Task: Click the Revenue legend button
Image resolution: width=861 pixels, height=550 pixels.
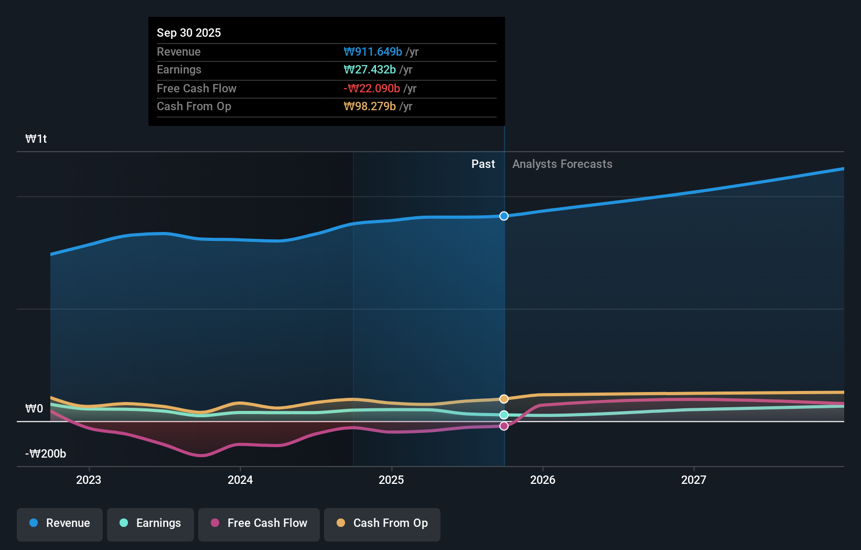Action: click(x=60, y=523)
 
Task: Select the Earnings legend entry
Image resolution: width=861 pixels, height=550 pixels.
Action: click(x=150, y=523)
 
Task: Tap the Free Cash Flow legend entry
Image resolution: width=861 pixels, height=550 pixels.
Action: click(x=259, y=523)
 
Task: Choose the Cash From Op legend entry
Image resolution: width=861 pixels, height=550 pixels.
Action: click(x=382, y=523)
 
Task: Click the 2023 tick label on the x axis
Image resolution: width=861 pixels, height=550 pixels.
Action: click(x=89, y=480)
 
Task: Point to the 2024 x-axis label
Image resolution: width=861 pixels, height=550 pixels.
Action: click(x=240, y=480)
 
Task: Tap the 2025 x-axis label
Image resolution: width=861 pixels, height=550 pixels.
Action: click(x=391, y=480)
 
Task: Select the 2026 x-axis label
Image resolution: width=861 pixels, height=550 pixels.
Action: click(x=543, y=480)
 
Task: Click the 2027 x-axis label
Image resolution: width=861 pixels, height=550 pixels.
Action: click(x=694, y=480)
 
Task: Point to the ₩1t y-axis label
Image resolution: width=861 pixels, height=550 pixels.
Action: click(x=36, y=139)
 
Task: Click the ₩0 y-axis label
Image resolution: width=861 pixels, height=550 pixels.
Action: click(x=34, y=409)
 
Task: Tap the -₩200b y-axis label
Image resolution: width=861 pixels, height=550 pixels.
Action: click(x=46, y=454)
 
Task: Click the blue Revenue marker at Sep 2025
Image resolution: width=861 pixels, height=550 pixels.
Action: click(x=504, y=216)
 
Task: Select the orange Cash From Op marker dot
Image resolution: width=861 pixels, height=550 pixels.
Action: click(x=504, y=399)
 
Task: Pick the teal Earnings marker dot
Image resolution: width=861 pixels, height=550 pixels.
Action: click(x=504, y=415)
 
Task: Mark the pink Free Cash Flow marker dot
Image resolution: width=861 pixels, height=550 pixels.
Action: click(x=504, y=426)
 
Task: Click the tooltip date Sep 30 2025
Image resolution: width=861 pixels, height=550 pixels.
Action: click(x=189, y=33)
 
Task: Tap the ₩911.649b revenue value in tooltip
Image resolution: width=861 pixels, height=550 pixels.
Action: click(x=373, y=51)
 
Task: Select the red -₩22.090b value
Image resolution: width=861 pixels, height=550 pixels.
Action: click(x=372, y=88)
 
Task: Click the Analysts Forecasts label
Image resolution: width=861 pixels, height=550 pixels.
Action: click(x=562, y=164)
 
